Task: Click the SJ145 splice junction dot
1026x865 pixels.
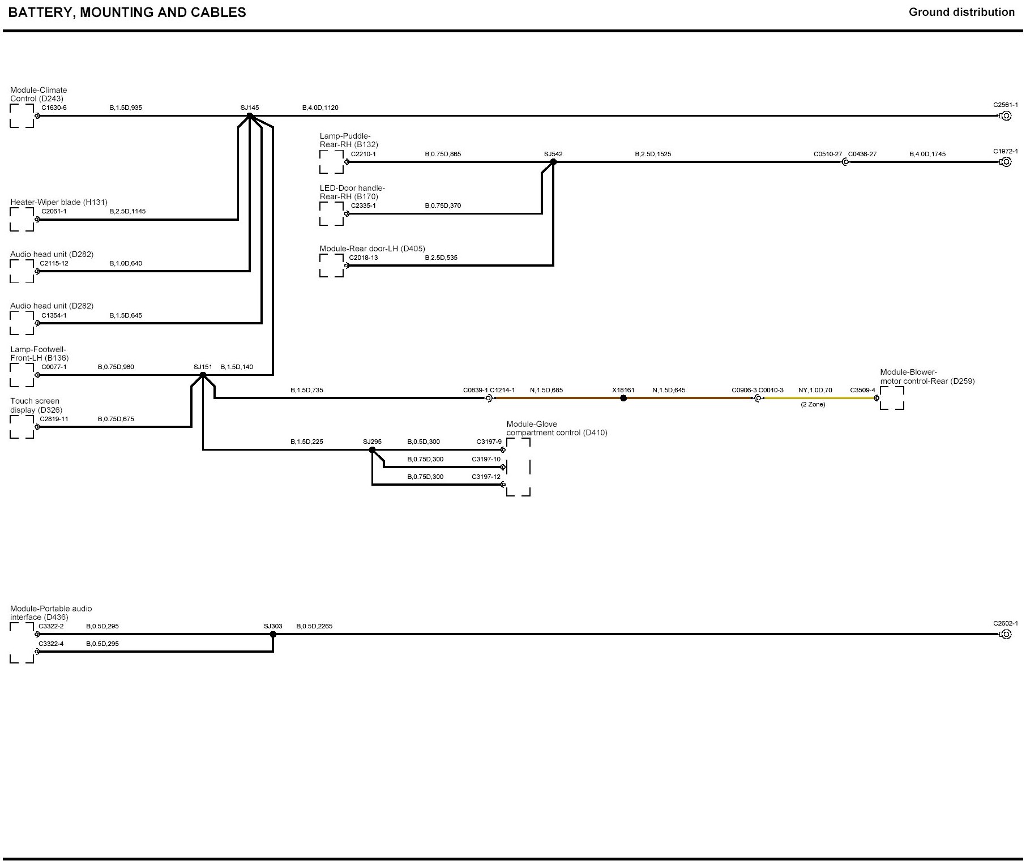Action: coord(250,115)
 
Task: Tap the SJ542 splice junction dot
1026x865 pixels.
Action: coord(553,162)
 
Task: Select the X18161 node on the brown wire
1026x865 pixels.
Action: coord(623,398)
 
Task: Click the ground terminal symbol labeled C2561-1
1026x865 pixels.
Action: coord(1006,116)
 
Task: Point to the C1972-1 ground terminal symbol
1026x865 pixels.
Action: coord(1006,162)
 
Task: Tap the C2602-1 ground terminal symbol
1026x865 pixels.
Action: coord(1006,634)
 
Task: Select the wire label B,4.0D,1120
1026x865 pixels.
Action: coord(320,108)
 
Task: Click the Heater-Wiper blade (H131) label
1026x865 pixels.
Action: coord(59,202)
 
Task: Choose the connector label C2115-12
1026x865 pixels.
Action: coord(54,263)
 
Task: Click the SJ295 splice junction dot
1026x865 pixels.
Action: coord(372,450)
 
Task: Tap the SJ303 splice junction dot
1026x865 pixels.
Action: coord(273,634)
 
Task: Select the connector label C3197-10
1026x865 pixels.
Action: coord(486,459)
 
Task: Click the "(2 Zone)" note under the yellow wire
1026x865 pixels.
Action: coord(813,405)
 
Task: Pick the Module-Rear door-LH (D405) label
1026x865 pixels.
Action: coord(372,249)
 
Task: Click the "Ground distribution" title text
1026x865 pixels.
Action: coord(961,12)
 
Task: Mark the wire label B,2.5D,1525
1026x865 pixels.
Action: coord(653,154)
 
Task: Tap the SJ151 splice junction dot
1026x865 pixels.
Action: coord(203,375)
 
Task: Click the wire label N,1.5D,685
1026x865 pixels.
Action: coord(546,390)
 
